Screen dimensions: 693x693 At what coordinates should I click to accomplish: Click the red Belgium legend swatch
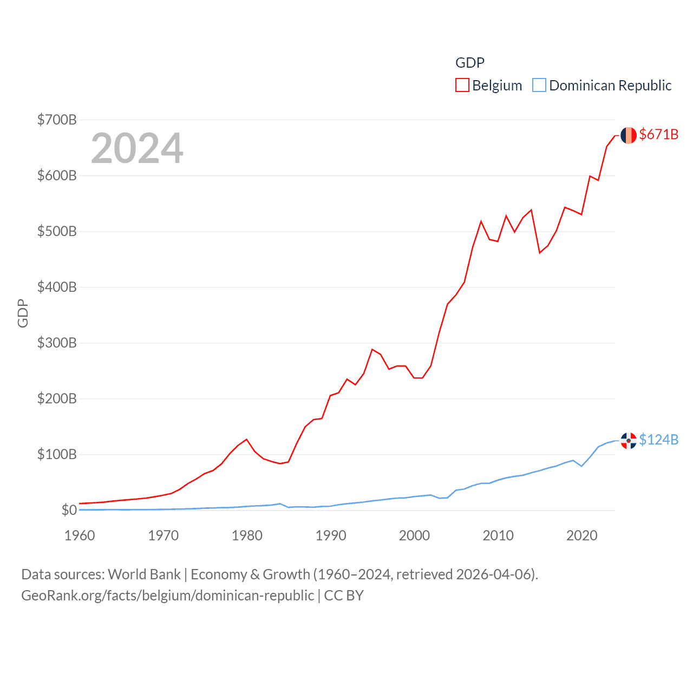pos(462,86)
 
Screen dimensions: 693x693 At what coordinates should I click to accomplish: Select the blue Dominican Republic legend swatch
pos(539,86)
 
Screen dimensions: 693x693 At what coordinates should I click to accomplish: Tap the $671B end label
pos(658,134)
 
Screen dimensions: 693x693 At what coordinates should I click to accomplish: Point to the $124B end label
pos(658,440)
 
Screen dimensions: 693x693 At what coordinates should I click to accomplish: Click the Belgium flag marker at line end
pos(629,135)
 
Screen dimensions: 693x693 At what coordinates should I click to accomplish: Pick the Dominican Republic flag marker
pos(629,441)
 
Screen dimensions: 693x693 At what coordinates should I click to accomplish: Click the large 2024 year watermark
pos(137,148)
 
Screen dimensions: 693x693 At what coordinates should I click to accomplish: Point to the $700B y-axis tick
pos(57,120)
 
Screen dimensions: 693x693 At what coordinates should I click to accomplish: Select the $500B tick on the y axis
pos(57,231)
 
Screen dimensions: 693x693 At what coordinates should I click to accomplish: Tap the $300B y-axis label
pos(57,343)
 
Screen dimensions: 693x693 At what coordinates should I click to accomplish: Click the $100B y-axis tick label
pos(57,454)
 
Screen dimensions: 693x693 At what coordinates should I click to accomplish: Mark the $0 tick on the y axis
pos(69,510)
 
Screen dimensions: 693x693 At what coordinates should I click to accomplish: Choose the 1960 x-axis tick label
pos(80,535)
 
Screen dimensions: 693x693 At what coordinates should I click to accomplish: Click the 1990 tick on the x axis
pos(331,535)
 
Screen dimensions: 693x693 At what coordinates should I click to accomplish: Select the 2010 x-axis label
pos(498,535)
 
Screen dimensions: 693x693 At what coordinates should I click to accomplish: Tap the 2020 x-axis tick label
pos(582,535)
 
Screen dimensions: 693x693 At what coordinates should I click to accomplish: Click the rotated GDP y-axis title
pos(23,313)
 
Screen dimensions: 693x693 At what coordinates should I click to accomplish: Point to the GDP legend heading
pos(470,63)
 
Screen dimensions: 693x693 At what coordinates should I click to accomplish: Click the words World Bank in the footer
pos(144,574)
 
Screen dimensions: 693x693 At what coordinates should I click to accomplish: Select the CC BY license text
pos(344,596)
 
